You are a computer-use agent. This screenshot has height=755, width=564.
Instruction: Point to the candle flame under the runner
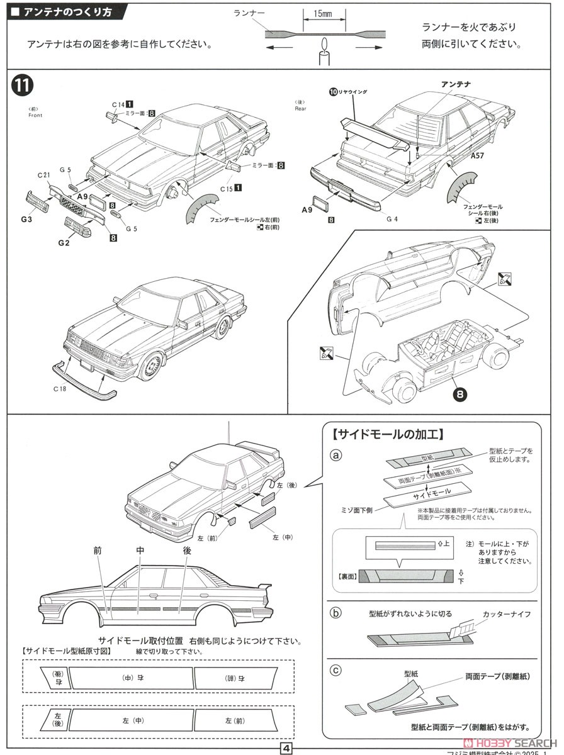[325, 45]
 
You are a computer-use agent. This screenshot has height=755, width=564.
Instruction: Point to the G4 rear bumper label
[392, 219]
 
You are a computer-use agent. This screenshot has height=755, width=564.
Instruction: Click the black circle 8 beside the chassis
[461, 394]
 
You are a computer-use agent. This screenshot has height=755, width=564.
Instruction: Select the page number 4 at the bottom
[285, 748]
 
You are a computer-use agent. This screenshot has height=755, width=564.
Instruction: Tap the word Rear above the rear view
[300, 108]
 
